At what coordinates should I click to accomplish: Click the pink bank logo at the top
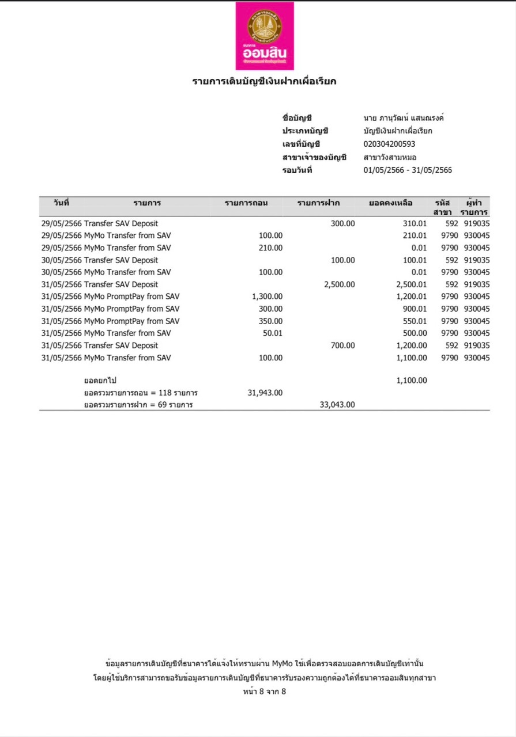click(x=265, y=36)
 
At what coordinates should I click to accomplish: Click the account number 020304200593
click(x=389, y=144)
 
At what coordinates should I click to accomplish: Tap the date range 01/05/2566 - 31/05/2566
click(x=408, y=170)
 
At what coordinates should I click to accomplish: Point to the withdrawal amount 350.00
click(x=271, y=321)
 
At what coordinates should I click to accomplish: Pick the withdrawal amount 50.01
click(x=273, y=333)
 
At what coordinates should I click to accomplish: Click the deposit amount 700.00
click(x=342, y=345)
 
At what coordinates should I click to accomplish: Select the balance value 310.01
click(x=415, y=223)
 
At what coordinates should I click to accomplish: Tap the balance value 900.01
click(x=415, y=309)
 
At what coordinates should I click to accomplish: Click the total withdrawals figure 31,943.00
click(x=265, y=393)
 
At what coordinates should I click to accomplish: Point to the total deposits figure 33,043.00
click(x=337, y=405)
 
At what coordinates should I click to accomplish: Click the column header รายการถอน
click(x=246, y=203)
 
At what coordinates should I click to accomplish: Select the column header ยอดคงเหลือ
click(x=391, y=203)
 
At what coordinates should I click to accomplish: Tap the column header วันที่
click(x=61, y=203)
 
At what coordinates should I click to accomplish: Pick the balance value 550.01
click(x=415, y=321)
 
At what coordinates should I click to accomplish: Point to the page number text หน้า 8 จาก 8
click(x=265, y=692)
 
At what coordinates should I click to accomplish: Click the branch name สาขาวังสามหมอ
click(x=390, y=157)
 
